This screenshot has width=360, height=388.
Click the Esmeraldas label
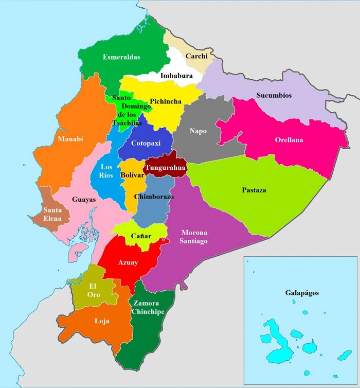121,57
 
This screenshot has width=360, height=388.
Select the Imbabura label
176,76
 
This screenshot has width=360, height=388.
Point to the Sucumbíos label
274,95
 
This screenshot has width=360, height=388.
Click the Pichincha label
166,101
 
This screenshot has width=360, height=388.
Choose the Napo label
197,131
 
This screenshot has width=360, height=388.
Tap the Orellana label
289,139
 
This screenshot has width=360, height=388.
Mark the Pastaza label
254,190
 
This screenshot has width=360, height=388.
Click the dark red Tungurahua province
166,167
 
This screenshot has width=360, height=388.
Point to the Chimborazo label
154,197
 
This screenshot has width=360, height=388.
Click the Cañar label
140,236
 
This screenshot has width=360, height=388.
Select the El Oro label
94,290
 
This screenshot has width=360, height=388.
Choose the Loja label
102,321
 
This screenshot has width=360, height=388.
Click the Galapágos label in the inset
302,293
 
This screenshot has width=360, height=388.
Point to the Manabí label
70,139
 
